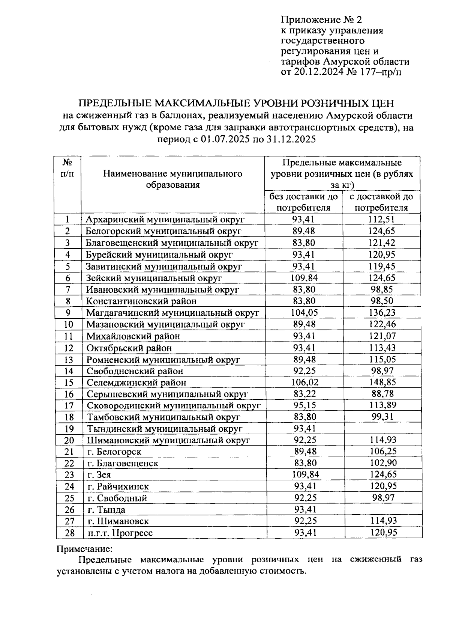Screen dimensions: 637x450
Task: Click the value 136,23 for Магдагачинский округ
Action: [382, 313]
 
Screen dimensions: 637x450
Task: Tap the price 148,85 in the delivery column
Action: [382, 383]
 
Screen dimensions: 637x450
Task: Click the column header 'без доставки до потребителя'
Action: [304, 202]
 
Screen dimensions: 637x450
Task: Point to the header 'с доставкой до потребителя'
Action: [381, 202]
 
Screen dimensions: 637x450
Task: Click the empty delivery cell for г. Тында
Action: [382, 510]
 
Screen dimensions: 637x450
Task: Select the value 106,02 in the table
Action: [304, 383]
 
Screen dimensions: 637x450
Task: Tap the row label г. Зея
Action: [99, 475]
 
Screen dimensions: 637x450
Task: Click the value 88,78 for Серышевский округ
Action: [382, 394]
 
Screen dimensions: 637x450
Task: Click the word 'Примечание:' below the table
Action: [84, 549]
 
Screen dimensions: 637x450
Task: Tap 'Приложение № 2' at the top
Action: [321, 20]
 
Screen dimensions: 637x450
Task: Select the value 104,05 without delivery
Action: [304, 313]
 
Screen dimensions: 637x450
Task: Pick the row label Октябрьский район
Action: [129, 348]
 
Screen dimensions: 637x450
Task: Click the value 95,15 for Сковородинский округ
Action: [304, 405]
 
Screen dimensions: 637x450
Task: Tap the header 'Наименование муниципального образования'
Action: [172, 179]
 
